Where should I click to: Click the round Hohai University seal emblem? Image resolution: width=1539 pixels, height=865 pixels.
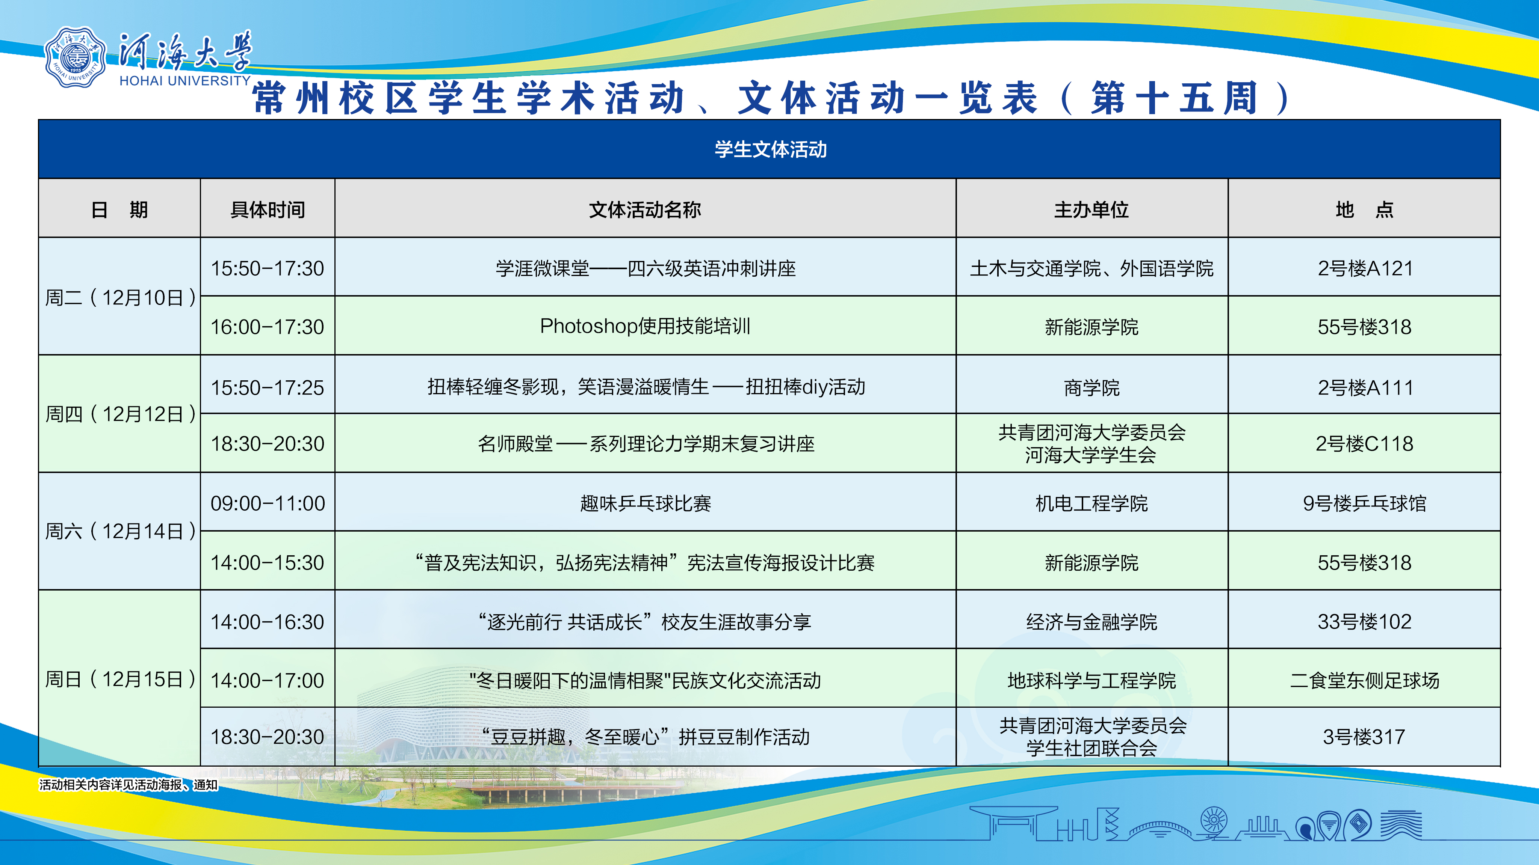75,57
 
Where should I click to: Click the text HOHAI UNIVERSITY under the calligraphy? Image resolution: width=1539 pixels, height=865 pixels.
185,81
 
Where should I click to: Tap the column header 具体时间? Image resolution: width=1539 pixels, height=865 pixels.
268,209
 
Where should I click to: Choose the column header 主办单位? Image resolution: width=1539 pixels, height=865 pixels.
1092,209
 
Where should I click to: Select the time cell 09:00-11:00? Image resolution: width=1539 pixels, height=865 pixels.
267,503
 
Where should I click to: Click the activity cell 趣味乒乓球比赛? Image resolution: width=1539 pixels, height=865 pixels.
645,503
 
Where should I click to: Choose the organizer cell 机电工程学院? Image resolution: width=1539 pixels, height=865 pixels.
1092,503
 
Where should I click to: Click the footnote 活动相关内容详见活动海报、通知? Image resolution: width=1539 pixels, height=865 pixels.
129,784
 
